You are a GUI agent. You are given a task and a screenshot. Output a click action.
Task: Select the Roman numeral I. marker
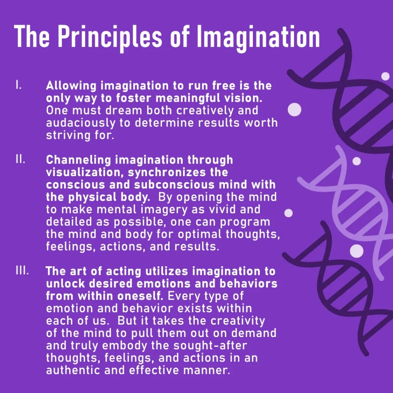(18, 85)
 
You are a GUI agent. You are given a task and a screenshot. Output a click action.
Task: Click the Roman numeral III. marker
(22, 270)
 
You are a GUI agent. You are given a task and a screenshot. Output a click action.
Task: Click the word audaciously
(81, 123)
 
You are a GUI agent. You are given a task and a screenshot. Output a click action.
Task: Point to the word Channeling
(78, 160)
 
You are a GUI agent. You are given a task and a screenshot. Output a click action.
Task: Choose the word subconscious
(174, 185)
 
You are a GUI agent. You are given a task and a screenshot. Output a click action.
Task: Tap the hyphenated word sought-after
(210, 346)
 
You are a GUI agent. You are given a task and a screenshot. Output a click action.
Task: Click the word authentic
(73, 370)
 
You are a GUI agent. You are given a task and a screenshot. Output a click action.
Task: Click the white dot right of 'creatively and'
(294, 109)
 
